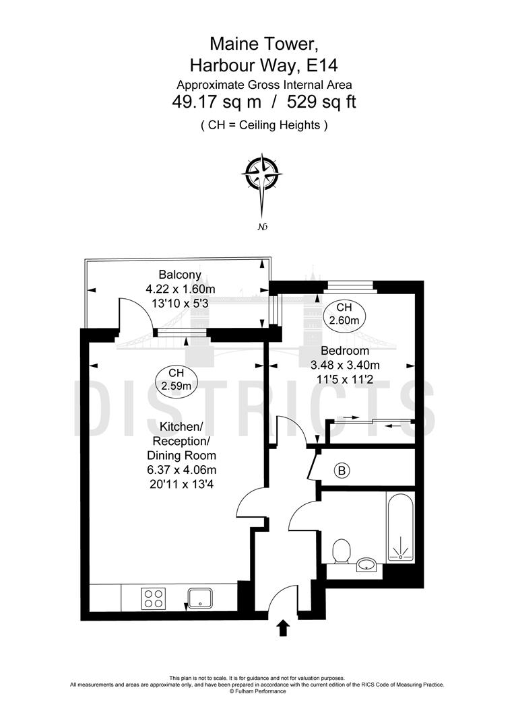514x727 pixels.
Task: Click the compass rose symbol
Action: (x=261, y=173)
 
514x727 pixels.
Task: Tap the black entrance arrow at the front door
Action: (x=283, y=629)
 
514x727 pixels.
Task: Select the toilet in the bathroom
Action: (x=342, y=551)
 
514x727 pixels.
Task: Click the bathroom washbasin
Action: (x=366, y=564)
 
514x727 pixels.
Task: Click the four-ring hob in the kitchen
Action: (x=153, y=597)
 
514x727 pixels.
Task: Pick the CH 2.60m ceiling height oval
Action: (x=344, y=313)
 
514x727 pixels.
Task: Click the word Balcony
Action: (x=180, y=275)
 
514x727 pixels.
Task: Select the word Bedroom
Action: (x=344, y=351)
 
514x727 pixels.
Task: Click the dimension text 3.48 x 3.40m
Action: (x=345, y=366)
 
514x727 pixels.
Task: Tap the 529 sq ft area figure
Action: (x=321, y=102)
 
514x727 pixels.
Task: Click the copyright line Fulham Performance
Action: (x=257, y=691)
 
